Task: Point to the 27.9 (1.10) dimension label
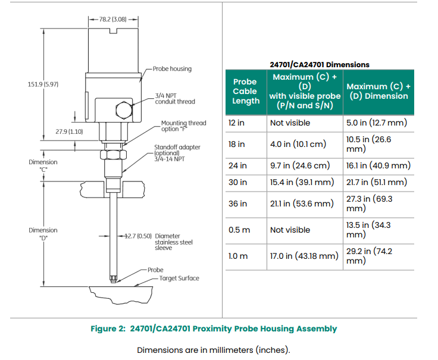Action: coord(69,131)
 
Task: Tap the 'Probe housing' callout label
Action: coord(172,69)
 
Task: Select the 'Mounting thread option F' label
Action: coord(183,126)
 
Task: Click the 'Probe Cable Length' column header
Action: coord(245,91)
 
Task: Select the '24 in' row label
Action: coord(237,165)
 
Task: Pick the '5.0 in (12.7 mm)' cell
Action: coord(376,123)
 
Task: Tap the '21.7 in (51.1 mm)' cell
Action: coord(376,182)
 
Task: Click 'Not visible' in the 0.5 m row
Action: coord(290,230)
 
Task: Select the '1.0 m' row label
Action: coord(238,256)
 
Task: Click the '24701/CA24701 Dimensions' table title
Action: coord(320,64)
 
